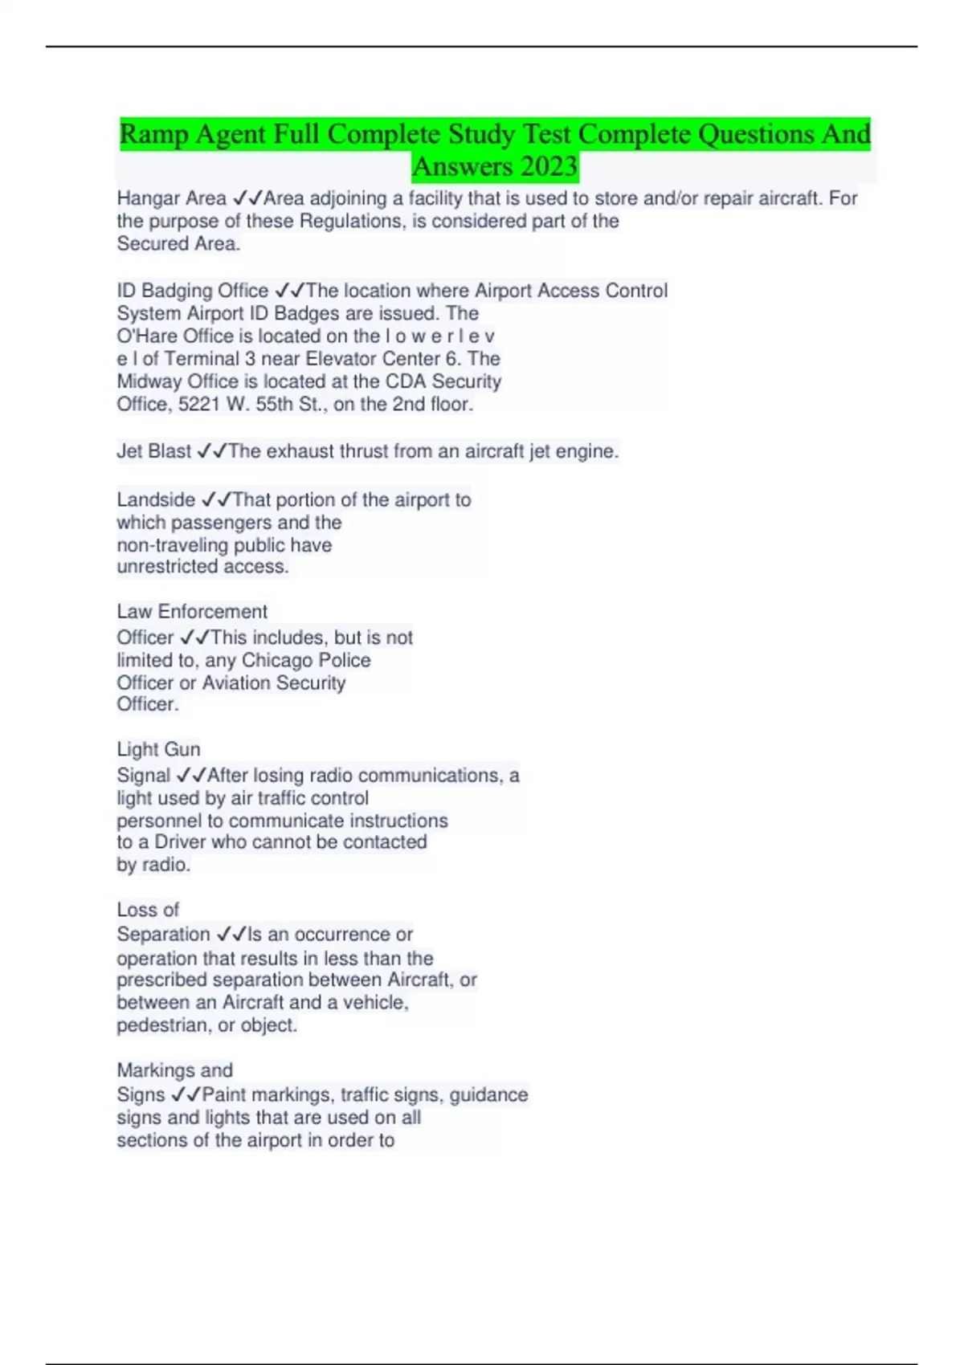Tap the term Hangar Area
tap(171, 198)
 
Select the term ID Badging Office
tap(193, 291)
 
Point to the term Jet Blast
tap(154, 451)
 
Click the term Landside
tap(156, 499)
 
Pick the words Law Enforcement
tap(192, 612)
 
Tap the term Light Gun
tap(158, 749)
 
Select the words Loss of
tap(148, 910)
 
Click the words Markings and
tap(174, 1070)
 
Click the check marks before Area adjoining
tap(247, 198)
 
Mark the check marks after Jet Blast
tap(212, 451)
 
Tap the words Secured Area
tap(178, 244)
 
